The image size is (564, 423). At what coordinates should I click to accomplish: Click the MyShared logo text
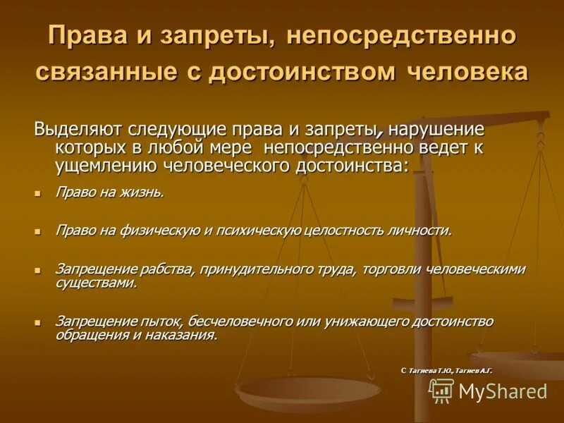pyautogui.click(x=503, y=391)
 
